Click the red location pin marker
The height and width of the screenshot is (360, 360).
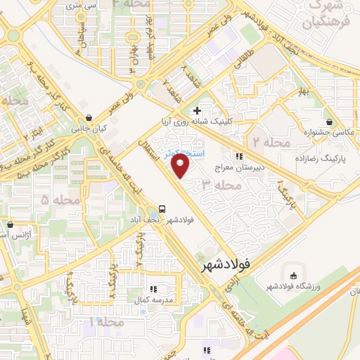[x=181, y=167]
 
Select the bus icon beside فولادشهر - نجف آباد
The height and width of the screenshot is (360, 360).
[x=162, y=210]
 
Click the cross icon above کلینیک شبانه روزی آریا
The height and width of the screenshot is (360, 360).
[x=197, y=110]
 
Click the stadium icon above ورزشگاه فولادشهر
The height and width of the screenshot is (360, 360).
[x=292, y=274]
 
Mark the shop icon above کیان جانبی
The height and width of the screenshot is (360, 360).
[x=88, y=117]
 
